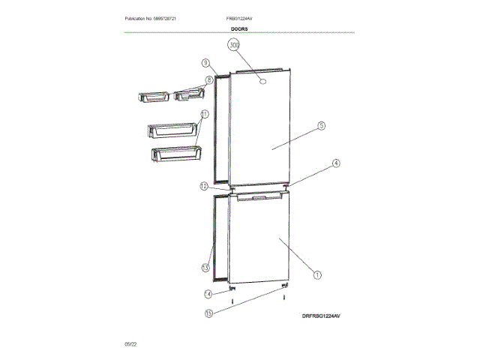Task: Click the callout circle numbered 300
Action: click(234, 46)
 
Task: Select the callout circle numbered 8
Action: click(209, 79)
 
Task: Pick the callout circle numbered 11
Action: click(205, 115)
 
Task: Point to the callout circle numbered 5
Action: click(320, 126)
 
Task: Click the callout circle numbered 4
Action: click(336, 163)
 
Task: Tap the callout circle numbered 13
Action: click(205, 268)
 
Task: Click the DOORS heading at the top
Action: click(240, 28)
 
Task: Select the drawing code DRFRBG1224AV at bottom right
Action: click(322, 317)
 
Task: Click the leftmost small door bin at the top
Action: click(154, 97)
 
